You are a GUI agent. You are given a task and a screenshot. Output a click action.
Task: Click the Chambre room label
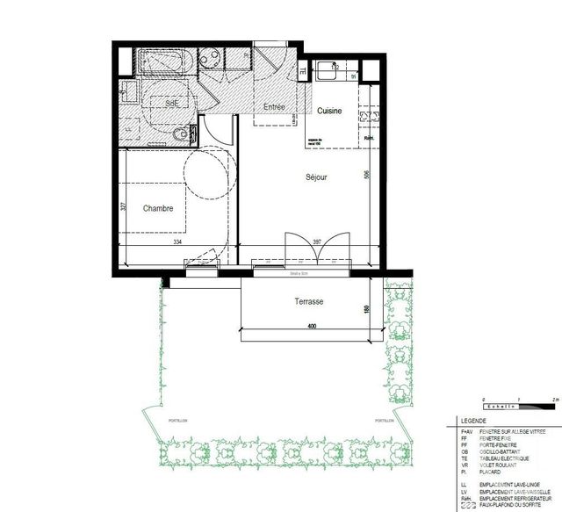coord(158,208)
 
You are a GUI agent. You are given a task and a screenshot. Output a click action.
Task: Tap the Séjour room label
coord(316,177)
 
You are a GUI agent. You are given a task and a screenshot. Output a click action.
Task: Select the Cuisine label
coord(329,111)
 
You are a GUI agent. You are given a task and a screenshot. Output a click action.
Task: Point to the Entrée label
coord(268,106)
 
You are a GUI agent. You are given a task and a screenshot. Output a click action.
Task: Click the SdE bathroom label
coord(173,103)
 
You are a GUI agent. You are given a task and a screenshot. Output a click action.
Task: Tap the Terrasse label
coord(309,301)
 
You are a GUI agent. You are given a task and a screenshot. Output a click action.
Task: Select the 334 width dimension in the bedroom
coord(177,242)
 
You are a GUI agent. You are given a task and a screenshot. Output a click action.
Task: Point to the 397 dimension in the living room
coord(318,242)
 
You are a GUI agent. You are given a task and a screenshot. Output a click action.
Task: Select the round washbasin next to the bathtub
coord(211,59)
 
